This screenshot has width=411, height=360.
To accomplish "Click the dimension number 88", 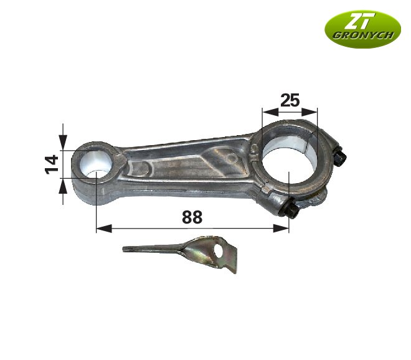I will (x=192, y=217).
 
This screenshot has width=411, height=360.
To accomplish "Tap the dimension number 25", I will (x=290, y=100).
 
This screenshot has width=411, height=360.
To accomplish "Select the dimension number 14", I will (x=52, y=163).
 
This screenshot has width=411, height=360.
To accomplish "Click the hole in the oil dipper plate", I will (x=218, y=250).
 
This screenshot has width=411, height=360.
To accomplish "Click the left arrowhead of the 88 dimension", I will (x=101, y=229).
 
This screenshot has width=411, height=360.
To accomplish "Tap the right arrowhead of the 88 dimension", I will (x=284, y=229).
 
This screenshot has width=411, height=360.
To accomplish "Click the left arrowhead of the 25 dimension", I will (x=267, y=112).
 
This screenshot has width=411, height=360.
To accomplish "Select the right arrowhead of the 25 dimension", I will (x=313, y=112).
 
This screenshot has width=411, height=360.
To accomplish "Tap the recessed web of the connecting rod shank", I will (x=187, y=165).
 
